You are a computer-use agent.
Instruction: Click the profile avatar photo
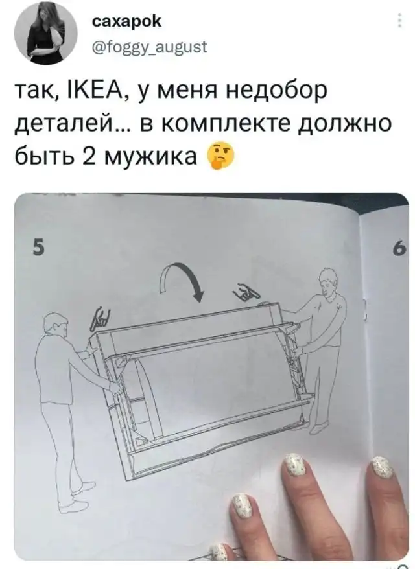pos(45,34)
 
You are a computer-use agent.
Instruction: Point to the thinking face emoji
pos(220,155)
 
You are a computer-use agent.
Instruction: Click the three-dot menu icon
pos(399,20)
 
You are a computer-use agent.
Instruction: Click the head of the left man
pos(56,327)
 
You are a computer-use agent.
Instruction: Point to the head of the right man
pos(328,281)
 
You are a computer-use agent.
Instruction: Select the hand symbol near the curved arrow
pos(247,292)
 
